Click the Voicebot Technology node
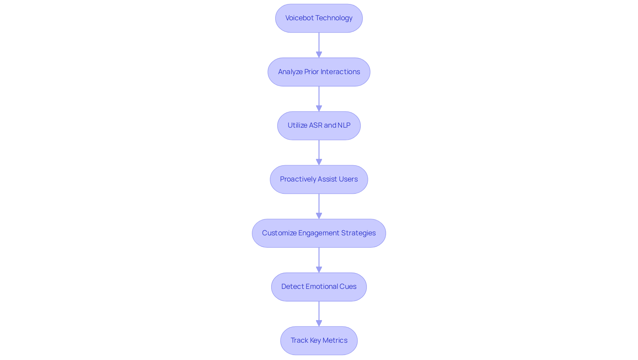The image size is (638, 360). click(x=319, y=18)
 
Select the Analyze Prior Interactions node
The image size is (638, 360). click(x=319, y=72)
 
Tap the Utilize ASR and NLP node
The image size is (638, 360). click(x=319, y=126)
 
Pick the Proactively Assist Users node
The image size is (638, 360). click(x=319, y=180)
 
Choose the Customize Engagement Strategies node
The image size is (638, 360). click(x=319, y=233)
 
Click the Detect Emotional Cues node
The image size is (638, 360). click(x=319, y=287)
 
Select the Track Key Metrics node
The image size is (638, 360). click(x=319, y=340)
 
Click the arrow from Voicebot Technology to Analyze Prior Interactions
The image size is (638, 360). click(x=319, y=45)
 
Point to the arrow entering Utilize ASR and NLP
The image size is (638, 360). click(x=319, y=99)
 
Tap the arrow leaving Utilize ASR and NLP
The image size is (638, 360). click(x=319, y=152)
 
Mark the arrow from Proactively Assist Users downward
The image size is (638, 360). click(x=319, y=206)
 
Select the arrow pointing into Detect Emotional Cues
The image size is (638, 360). click(x=319, y=260)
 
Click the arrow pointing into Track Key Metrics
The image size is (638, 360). click(x=319, y=313)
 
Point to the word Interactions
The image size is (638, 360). click(x=340, y=72)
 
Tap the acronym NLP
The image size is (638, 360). click(x=344, y=125)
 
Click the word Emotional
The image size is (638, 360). click(x=321, y=287)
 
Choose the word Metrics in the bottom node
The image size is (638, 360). click(x=335, y=340)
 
